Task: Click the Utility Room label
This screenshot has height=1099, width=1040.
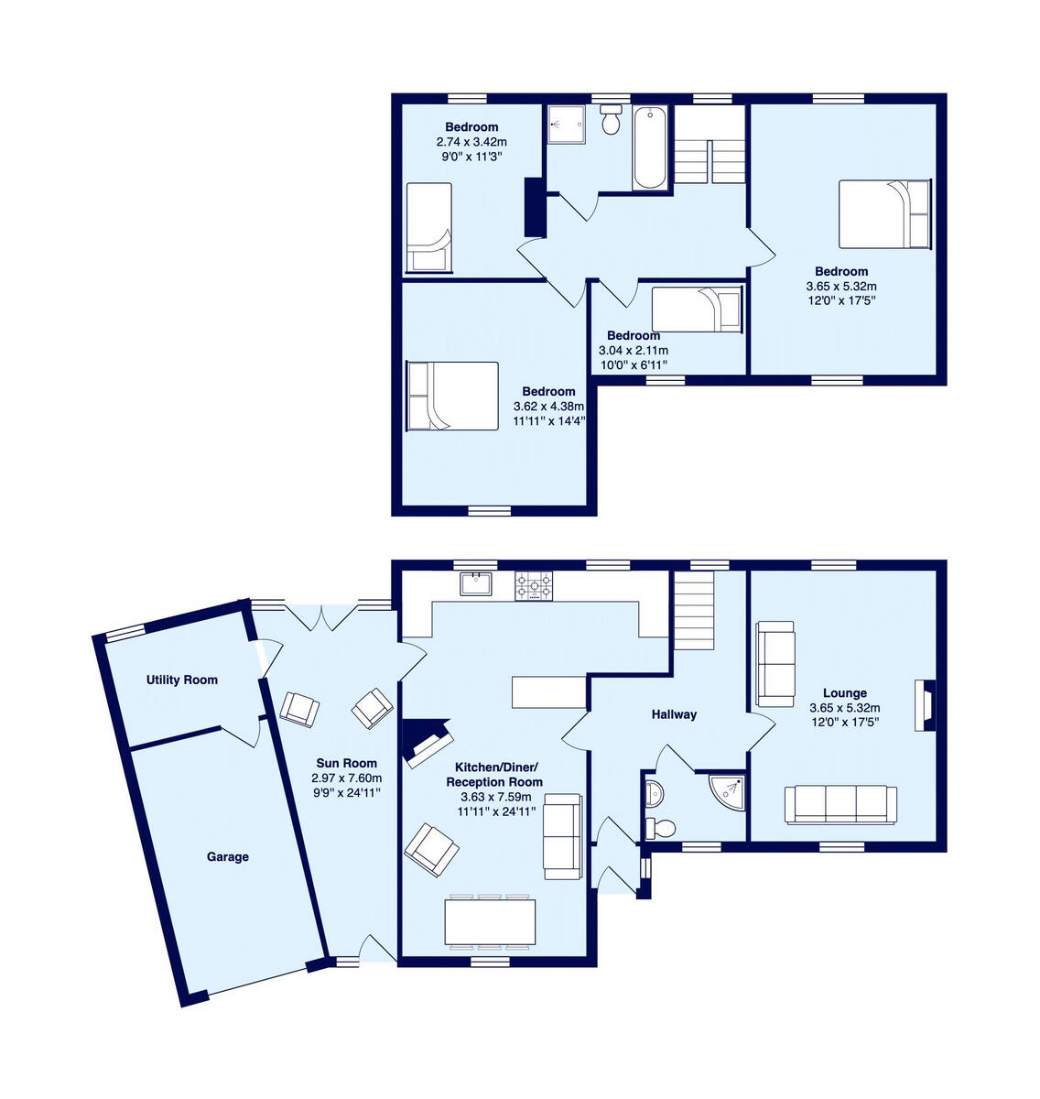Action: [182, 680]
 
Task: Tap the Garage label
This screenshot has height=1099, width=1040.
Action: [227, 857]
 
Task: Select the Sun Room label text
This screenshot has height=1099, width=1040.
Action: [346, 763]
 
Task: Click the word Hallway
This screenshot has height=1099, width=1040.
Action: [674, 714]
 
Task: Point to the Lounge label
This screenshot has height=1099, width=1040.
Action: [844, 693]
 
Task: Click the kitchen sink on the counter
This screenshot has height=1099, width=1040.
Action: [476, 583]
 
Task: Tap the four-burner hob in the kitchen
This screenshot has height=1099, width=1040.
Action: [534, 585]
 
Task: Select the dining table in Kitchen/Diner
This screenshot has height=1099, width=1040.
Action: [490, 922]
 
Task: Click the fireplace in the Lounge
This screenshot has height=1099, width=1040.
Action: [925, 705]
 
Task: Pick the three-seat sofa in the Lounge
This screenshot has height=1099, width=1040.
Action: [840, 804]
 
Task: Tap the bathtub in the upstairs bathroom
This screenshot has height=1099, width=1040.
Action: [650, 147]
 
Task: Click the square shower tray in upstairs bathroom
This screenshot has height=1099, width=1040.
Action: [567, 124]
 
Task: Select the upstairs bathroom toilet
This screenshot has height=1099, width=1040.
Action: [612, 121]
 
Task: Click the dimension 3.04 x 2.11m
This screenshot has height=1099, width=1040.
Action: [633, 351]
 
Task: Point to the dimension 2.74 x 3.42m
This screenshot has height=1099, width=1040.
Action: [471, 142]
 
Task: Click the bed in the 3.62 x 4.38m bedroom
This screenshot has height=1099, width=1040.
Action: [452, 396]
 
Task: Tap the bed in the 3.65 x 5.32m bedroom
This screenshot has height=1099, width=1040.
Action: [884, 213]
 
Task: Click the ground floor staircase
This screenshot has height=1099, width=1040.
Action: [694, 610]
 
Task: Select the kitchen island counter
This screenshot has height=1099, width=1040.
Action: [548, 691]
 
